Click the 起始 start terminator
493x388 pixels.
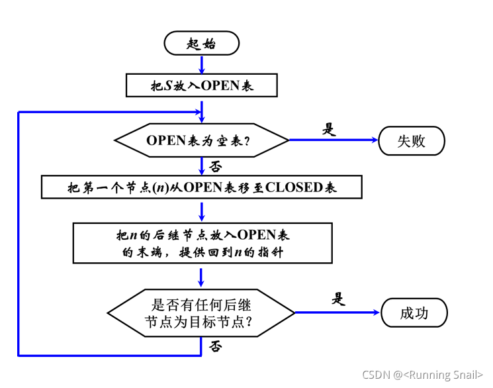[201, 44]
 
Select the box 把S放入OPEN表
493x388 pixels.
[201, 85]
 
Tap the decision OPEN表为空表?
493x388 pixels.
[201, 140]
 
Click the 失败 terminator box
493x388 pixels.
[411, 141]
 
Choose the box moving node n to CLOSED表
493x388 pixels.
[201, 187]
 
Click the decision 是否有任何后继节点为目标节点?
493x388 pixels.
[201, 313]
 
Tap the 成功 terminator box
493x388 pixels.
[414, 313]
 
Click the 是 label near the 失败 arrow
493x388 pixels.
[329, 129]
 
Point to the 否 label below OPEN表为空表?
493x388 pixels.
[215, 165]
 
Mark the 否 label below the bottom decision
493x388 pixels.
[215, 346]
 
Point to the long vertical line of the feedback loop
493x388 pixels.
[19, 232]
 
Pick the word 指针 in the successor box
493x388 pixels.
[270, 252]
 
